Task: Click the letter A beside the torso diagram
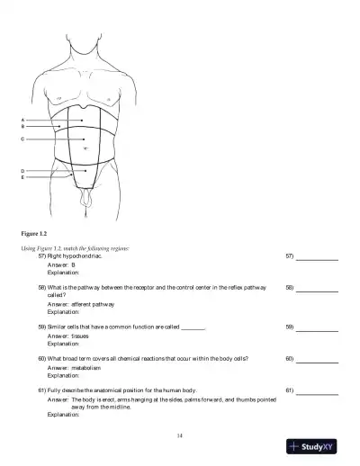[22, 120]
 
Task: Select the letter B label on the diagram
[22, 127]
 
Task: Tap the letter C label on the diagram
[22, 139]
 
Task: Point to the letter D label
[22, 170]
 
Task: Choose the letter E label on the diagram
[22, 177]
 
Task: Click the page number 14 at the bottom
[179, 435]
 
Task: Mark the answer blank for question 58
[317, 290]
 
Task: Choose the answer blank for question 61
[317, 392]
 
